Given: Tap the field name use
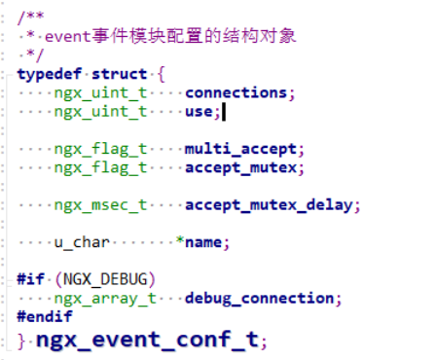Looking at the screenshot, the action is [199, 112].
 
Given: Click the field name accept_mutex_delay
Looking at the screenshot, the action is [272, 205].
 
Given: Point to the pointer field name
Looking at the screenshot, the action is [204, 242].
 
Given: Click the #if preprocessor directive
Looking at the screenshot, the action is [30, 279].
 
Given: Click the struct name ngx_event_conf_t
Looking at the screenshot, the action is [146, 340].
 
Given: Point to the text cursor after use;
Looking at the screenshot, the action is [224, 112].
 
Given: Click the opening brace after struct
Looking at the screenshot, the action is [161, 74].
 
